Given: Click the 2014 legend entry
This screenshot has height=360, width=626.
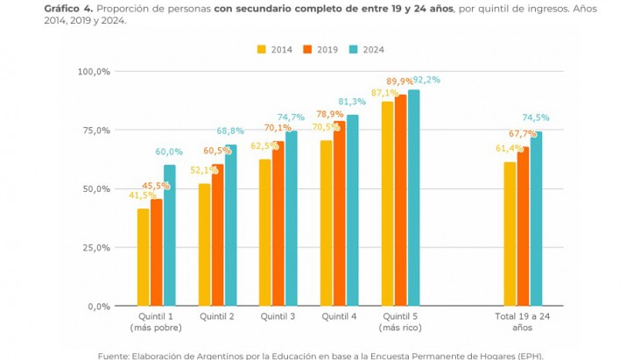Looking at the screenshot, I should click(x=274, y=50).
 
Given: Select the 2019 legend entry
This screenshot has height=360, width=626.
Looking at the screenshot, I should click(x=320, y=50).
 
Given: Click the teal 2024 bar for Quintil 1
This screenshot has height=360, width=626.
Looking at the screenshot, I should click(x=170, y=236).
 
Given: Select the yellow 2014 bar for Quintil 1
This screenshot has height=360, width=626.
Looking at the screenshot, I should click(x=143, y=258).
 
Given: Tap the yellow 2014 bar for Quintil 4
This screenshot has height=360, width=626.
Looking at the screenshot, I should click(x=327, y=223).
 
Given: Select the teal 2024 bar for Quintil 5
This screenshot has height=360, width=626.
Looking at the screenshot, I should click(x=414, y=198).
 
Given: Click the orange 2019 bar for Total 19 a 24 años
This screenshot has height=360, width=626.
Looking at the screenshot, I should click(x=524, y=227).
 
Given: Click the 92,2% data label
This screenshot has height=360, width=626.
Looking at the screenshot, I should click(x=426, y=80).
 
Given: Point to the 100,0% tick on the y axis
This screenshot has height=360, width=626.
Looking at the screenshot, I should click(x=93, y=71).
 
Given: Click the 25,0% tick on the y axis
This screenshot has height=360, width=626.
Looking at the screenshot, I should click(x=95, y=247).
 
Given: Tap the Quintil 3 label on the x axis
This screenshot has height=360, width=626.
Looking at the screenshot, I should click(x=278, y=316).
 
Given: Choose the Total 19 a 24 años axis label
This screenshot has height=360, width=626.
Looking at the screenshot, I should click(x=523, y=321).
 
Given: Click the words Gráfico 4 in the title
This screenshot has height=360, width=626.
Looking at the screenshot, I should click(x=68, y=7).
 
